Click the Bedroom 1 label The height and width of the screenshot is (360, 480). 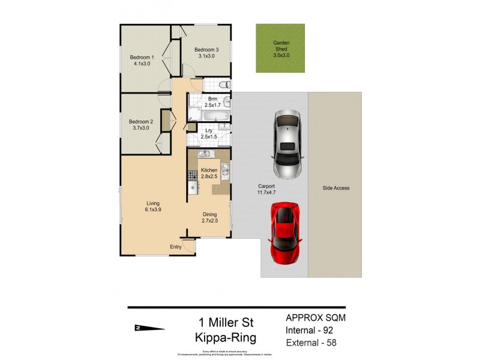point(142,58)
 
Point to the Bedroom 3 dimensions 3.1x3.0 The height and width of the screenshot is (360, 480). point(208,56)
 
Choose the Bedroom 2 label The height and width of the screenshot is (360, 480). point(141,121)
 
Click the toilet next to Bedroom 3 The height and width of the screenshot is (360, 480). point(223,84)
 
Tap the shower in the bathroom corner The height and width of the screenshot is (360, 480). point(194,115)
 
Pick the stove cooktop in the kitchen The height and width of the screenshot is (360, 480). point(193,176)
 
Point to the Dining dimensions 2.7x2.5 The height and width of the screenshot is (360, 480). point(209,221)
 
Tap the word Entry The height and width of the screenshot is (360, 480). point(176,247)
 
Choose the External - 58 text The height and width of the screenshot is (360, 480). point(311,343)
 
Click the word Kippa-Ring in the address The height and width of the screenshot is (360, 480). point(226,337)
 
